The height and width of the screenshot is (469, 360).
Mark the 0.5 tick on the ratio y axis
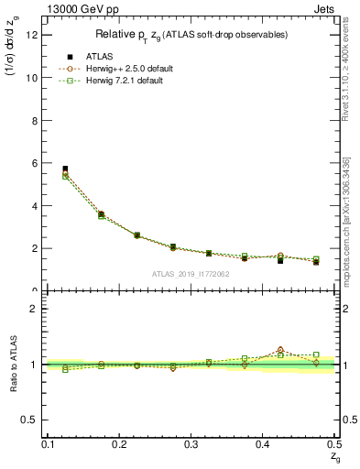(x=33, y=420)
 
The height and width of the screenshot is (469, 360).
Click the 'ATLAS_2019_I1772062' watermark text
(x=191, y=273)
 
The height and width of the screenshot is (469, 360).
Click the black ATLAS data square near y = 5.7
(x=65, y=169)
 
